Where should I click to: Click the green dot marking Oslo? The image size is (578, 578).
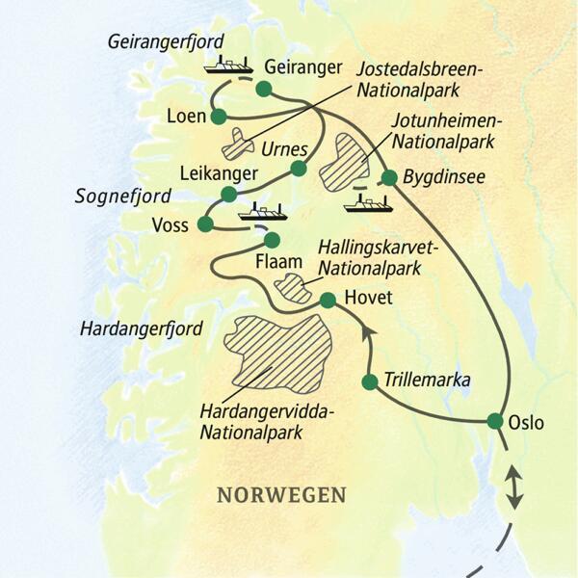tap(495, 420)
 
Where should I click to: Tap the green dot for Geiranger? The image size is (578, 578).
tap(265, 91)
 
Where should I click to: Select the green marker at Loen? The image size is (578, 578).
tap(219, 117)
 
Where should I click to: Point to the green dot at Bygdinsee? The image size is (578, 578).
tap(389, 177)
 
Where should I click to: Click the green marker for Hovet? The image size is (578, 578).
tap(328, 300)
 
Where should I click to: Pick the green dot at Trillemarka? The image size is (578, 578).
tap(369, 382)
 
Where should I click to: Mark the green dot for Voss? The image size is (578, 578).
tap(204, 224)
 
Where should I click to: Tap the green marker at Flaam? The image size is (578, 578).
tap(272, 239)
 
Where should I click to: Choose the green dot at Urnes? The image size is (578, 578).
tap(299, 169)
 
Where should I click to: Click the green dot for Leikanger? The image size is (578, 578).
tap(229, 194)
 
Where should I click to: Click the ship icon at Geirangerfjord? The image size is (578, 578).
tap(226, 66)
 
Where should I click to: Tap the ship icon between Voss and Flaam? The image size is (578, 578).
tap(263, 211)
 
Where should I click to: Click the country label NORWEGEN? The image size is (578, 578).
tap(281, 495)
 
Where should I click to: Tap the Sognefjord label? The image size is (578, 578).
tap(122, 197)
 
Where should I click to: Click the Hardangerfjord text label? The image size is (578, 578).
tap(142, 328)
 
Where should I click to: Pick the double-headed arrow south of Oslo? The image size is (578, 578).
tap(514, 486)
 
